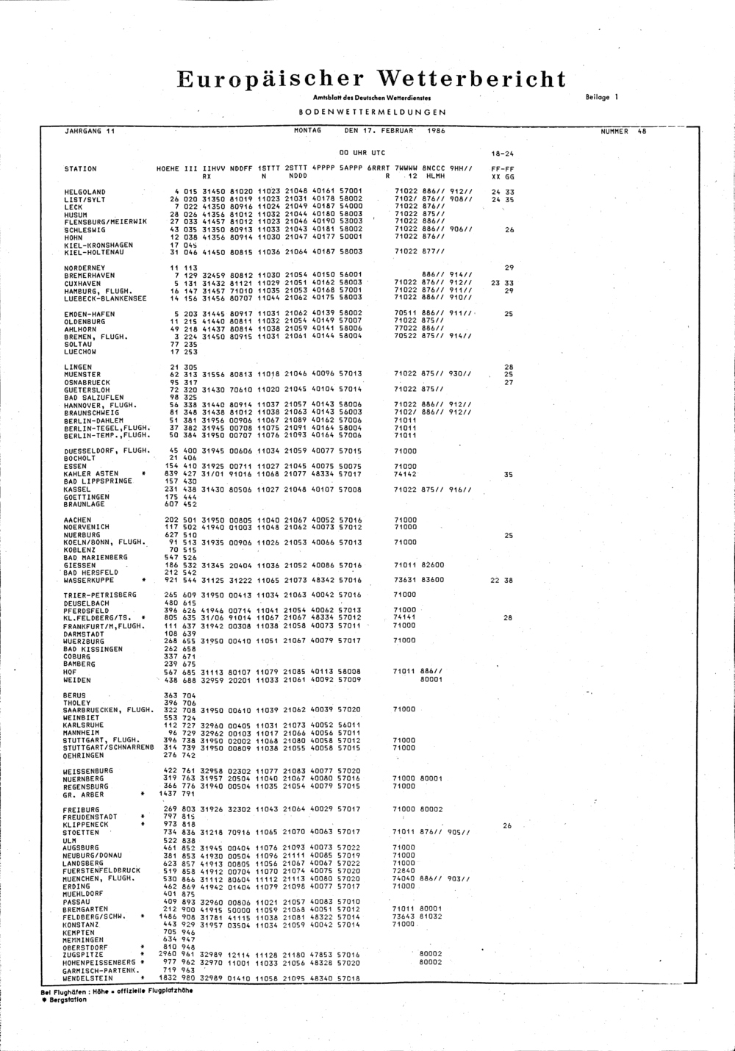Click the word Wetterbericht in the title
473,79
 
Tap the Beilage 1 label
602,97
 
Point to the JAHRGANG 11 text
90,131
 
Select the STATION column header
80,169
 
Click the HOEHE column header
168,169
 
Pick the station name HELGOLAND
85,193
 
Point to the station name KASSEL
77,489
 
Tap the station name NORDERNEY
85,268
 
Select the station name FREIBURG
81,810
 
